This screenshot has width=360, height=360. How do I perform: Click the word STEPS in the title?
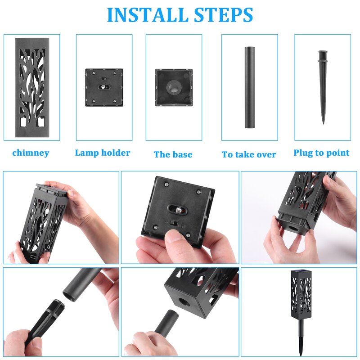point(223,15)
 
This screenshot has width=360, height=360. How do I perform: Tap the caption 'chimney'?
point(31,153)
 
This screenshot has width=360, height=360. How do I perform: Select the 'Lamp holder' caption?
point(103,153)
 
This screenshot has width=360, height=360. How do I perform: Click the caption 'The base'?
point(173,154)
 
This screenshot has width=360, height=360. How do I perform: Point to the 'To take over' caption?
point(249,154)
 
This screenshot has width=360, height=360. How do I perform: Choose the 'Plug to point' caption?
point(321,153)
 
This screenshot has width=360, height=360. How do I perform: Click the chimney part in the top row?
point(32,87)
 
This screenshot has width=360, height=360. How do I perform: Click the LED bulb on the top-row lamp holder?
point(103,87)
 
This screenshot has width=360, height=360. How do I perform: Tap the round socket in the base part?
point(174,87)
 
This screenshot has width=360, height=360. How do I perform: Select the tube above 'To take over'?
point(250,87)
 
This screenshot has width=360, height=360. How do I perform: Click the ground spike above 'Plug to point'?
point(323,87)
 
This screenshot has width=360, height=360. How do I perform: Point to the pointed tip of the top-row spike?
point(324,124)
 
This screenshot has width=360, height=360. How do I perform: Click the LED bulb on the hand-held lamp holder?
point(179,209)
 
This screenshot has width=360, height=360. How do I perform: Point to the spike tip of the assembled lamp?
point(301,355)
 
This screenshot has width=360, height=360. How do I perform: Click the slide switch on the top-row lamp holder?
point(104,78)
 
